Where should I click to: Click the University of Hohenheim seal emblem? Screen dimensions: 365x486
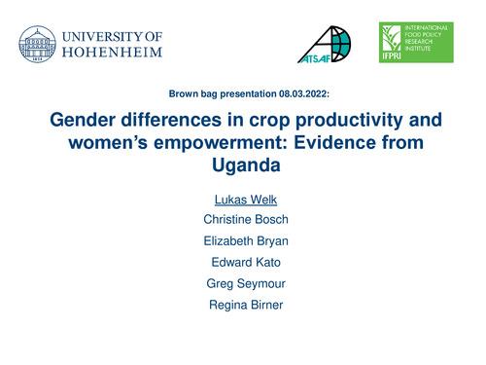pos(37,45)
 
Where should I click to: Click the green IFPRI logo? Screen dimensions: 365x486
pos(416,44)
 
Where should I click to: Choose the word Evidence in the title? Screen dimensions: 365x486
pos(332,144)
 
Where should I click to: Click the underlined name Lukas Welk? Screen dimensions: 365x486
pos(242,201)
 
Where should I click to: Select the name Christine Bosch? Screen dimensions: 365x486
pos(242,220)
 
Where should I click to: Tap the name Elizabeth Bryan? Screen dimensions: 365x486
pos(242,239)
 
